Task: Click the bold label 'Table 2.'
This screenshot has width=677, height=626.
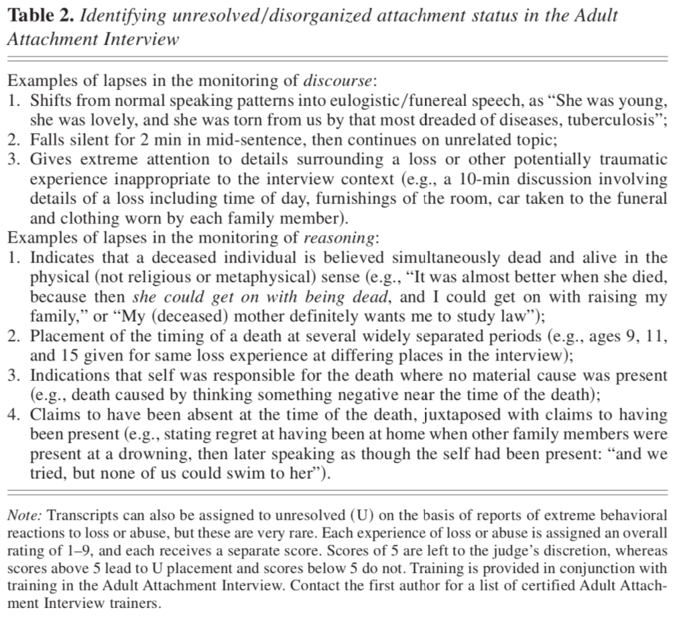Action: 40,16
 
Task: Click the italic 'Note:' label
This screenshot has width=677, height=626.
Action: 25,515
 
